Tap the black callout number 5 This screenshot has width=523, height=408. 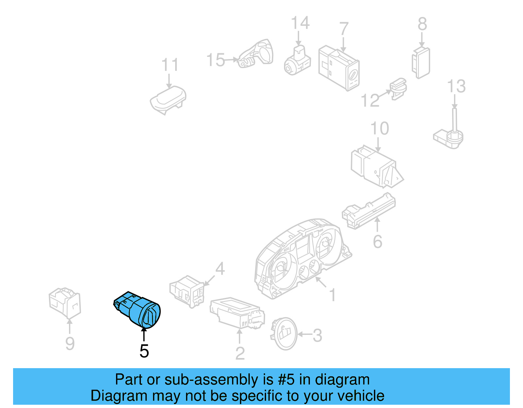[144, 351]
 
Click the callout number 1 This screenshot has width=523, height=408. [332, 295]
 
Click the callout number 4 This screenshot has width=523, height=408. [220, 269]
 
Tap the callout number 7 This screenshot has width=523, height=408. [344, 29]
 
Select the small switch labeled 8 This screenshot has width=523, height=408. [421, 62]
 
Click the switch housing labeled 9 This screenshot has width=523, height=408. [65, 302]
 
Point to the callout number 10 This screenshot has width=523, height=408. [380, 128]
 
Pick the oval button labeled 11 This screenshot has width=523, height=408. [168, 98]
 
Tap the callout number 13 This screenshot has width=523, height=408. [456, 86]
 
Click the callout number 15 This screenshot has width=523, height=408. [215, 60]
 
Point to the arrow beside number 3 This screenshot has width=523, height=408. [304, 334]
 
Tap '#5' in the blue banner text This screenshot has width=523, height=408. [286, 380]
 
